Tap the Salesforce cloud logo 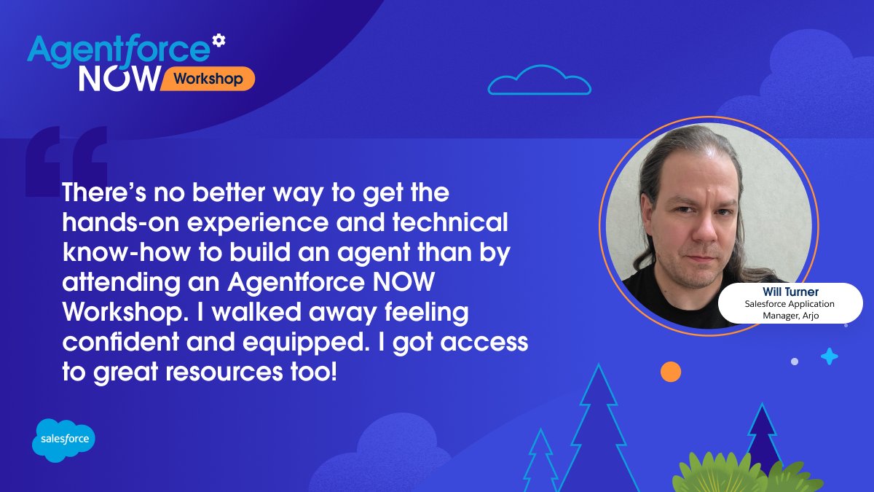64,440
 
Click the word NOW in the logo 118,79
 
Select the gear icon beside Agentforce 218,40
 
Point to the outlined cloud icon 539,81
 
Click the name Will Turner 790,292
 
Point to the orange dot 670,372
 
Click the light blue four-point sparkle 829,356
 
